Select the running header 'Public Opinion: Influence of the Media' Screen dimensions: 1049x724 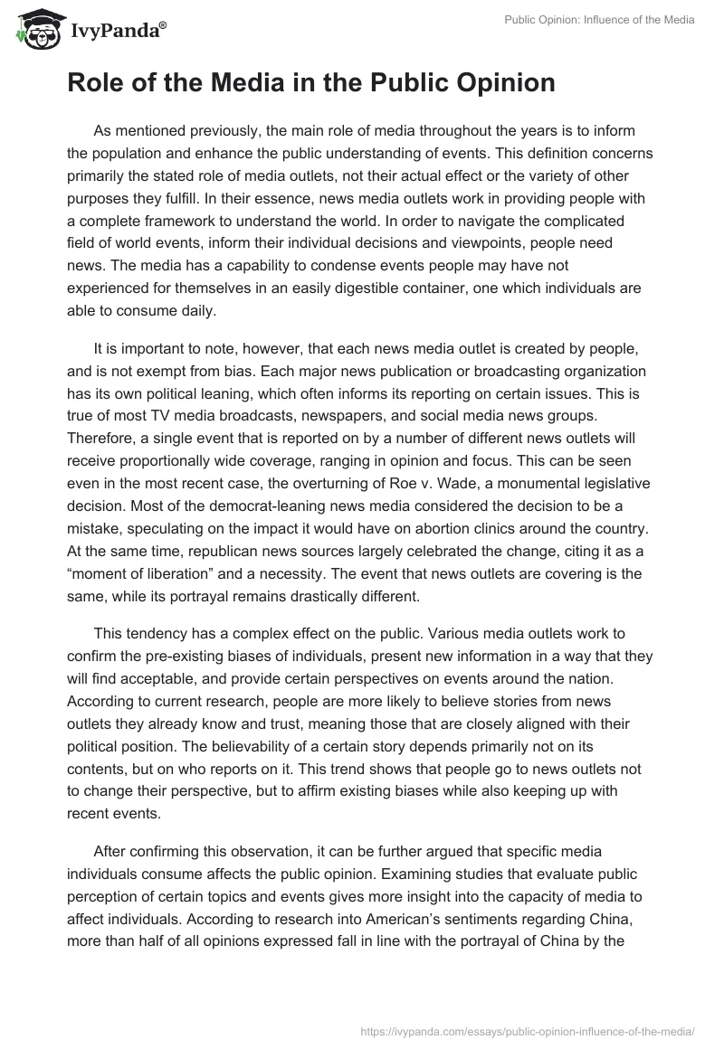coord(599,20)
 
